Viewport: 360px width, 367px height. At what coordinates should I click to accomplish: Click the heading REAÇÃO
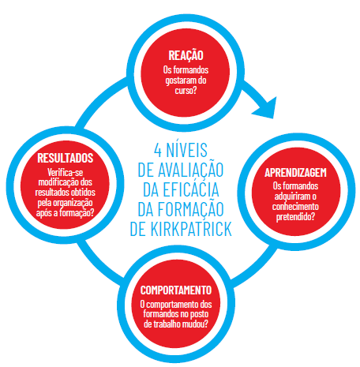[x=186, y=55]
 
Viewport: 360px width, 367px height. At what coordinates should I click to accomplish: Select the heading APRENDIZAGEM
[x=295, y=173]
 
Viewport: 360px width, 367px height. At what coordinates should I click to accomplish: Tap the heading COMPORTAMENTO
[x=176, y=290]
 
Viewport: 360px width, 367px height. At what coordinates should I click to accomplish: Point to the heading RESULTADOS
[x=66, y=158]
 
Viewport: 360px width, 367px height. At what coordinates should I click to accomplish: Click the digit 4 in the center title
[x=158, y=150]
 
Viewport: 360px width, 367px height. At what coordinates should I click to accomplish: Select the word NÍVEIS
[x=187, y=149]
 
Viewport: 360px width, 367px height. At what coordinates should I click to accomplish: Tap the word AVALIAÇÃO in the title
[x=190, y=170]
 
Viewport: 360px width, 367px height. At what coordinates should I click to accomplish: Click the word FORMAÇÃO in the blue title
[x=190, y=210]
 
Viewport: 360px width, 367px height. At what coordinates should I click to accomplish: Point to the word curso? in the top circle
[x=186, y=90]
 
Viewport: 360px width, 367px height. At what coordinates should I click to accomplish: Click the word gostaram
[x=178, y=81]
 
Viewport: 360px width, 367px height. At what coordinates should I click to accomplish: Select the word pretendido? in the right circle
[x=295, y=217]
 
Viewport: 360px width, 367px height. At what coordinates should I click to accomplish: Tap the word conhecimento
[x=295, y=207]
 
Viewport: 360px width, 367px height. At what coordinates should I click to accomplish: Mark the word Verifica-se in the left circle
[x=66, y=172]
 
